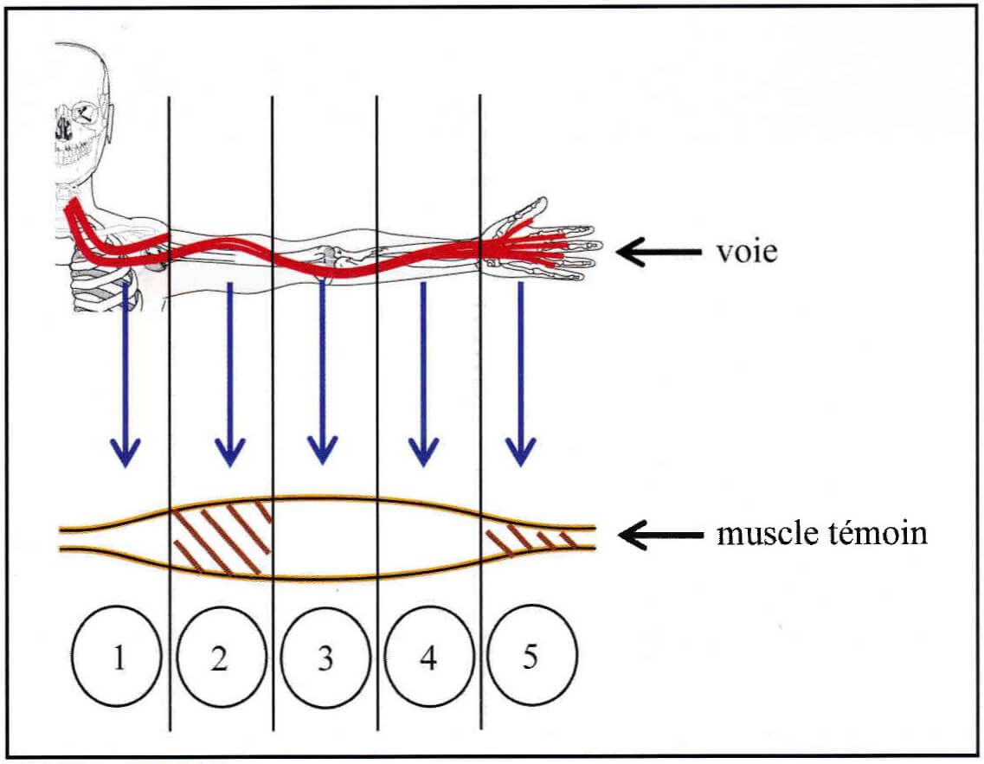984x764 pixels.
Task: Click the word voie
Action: coord(747,252)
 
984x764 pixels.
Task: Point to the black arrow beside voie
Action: coord(659,252)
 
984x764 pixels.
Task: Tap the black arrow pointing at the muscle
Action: coord(660,535)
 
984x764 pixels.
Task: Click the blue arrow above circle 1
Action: coord(125,375)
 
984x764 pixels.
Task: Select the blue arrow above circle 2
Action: coord(229,375)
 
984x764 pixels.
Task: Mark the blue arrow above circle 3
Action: coord(323,372)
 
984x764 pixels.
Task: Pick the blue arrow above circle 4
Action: coord(423,375)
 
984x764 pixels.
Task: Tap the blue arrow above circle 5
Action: coord(521,375)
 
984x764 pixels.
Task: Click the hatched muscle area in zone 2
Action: coord(221,538)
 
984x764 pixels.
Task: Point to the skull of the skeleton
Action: coord(81,112)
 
